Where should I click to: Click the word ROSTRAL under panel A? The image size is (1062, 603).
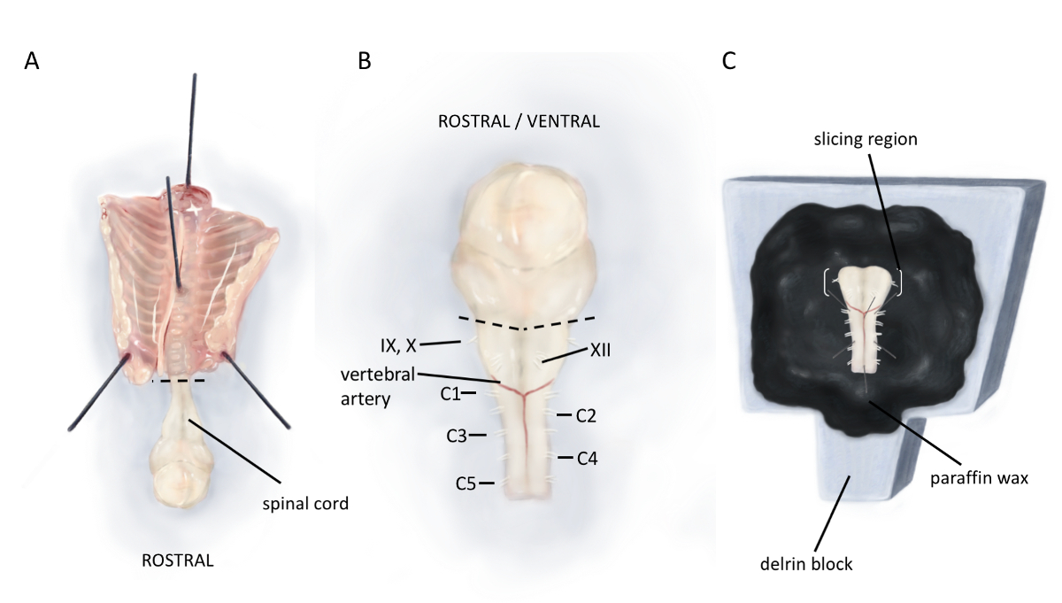pos(178,560)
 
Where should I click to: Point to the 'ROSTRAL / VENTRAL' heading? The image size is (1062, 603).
pos(519,122)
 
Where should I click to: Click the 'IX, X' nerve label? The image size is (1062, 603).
pos(398,342)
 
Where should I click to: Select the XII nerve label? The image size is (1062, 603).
pos(599,352)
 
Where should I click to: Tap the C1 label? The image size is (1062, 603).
pos(451,393)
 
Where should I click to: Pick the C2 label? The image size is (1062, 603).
pos(587,414)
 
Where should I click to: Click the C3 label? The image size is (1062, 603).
pos(456,436)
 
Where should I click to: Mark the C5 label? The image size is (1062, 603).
pos(466,483)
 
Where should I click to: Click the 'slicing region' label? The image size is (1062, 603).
pos(868,141)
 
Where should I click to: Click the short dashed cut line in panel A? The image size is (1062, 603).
pos(179,381)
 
